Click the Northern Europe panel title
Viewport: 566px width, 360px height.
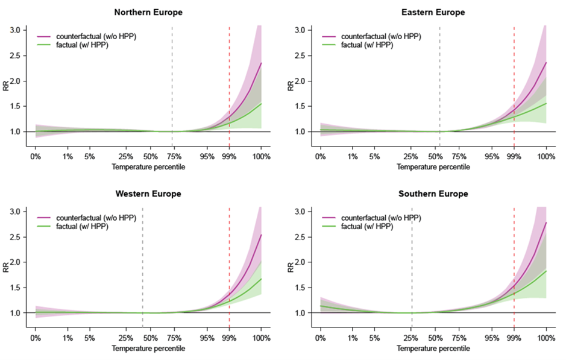pos(148,12)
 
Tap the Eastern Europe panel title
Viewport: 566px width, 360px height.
pos(433,12)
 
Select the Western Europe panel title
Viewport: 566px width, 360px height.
pos(148,194)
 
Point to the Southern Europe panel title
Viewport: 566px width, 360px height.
pos(433,194)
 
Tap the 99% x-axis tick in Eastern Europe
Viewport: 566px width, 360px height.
pos(514,157)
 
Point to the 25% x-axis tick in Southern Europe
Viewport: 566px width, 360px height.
pos(412,338)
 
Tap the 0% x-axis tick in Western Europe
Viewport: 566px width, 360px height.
pos(36,338)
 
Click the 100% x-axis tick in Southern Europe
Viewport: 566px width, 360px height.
pos(546,338)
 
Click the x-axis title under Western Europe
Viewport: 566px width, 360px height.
pos(148,349)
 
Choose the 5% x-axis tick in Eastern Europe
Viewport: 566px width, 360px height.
pos(374,157)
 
